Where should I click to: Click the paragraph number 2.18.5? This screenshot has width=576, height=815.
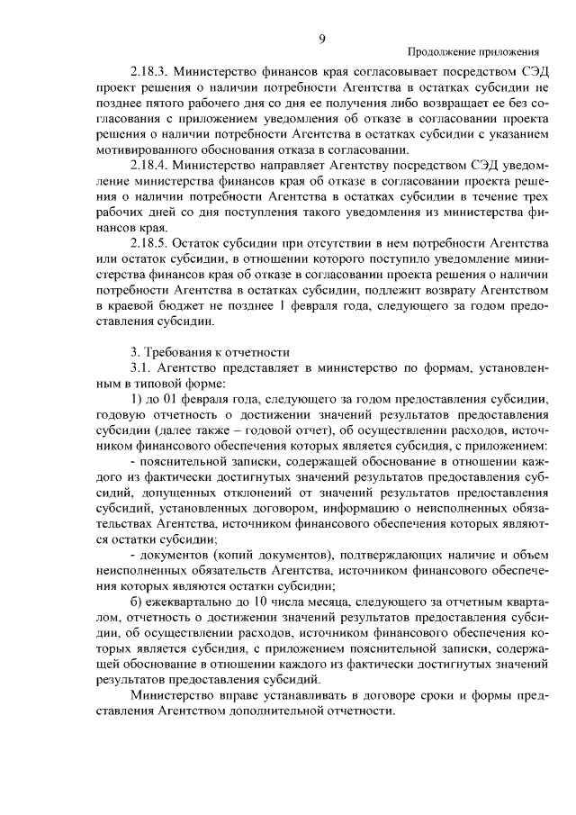(149, 245)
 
